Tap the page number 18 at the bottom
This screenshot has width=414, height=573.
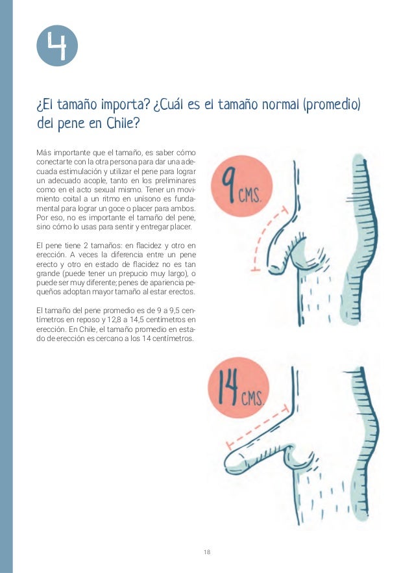(x=206, y=552)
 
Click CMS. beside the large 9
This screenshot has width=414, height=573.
(x=250, y=194)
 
